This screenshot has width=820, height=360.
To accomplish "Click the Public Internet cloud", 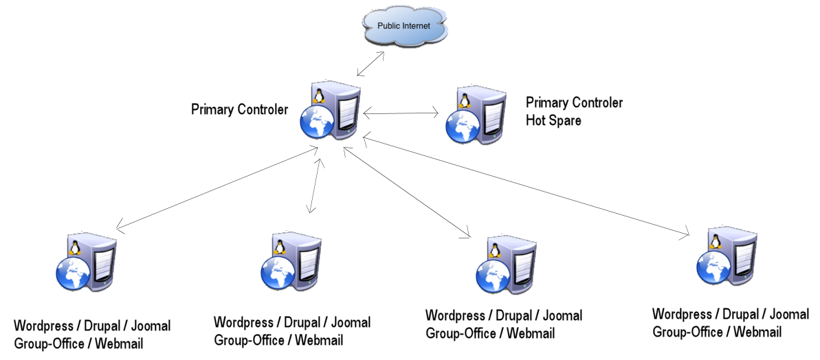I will point(404,27).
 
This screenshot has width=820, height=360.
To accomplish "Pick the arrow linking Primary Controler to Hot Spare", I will point(401,112).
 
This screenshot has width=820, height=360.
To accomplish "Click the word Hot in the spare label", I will point(536,120).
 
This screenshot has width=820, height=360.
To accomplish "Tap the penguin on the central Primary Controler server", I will point(318,95).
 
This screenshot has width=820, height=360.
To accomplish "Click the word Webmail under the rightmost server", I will point(757,332).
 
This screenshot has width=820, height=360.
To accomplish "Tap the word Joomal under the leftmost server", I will point(147,326).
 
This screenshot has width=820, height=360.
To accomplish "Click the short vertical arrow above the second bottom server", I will point(315,185).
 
